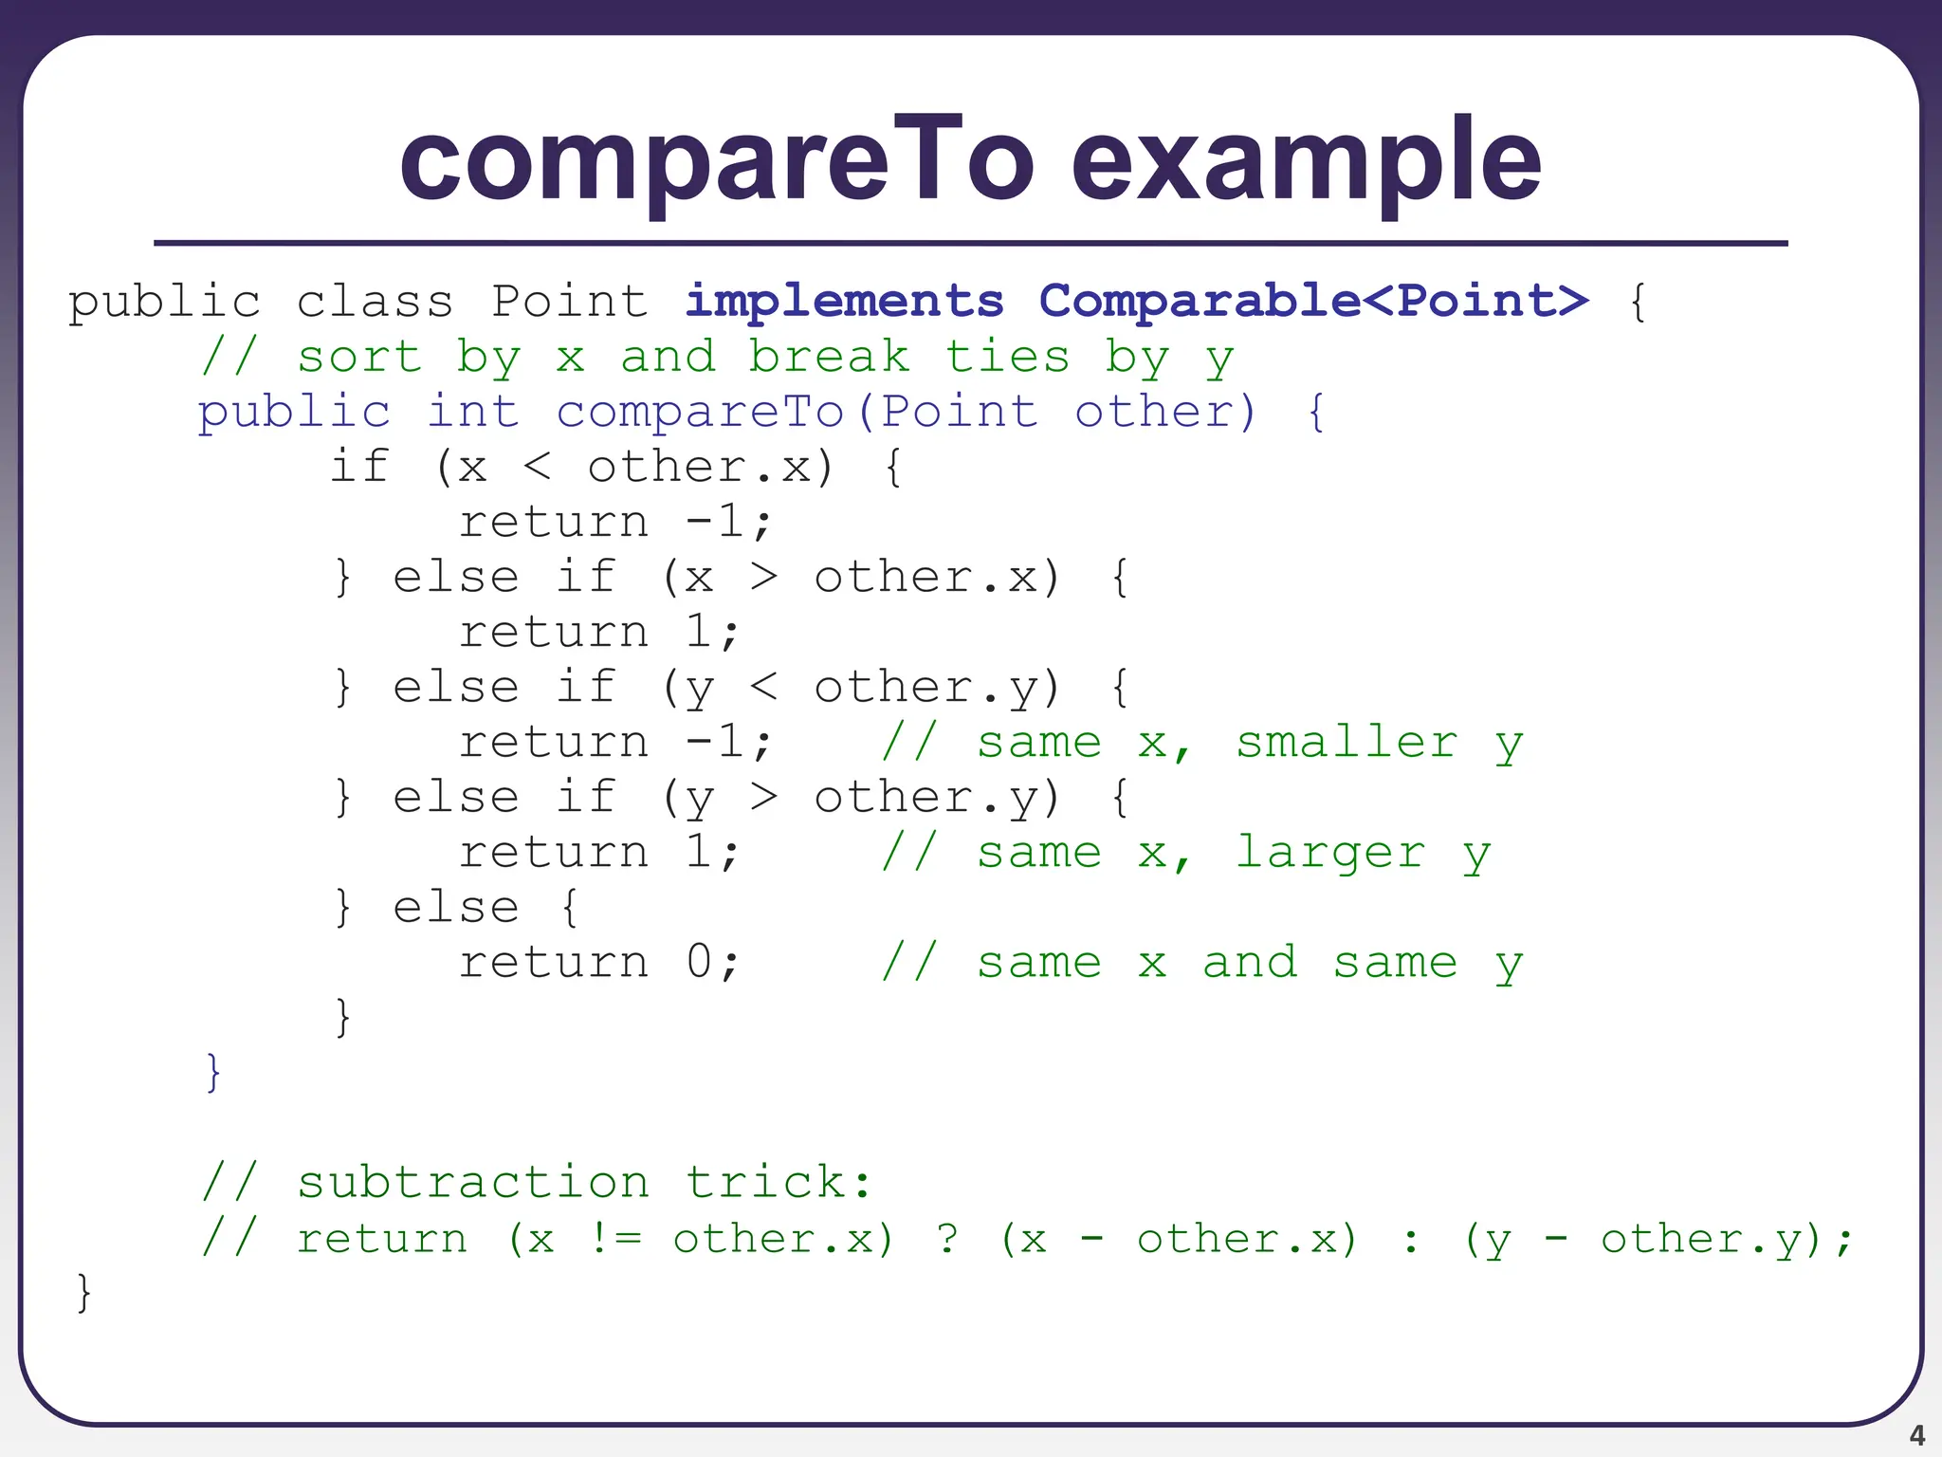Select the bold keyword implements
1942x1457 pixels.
click(844, 302)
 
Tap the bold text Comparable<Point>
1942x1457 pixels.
click(1313, 302)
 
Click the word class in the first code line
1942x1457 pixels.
click(375, 302)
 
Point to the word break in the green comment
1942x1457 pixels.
click(829, 357)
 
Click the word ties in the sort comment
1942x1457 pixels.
click(1007, 357)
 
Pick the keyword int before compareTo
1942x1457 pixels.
click(472, 412)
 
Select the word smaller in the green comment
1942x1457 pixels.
click(1347, 742)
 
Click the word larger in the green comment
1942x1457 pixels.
click(1330, 852)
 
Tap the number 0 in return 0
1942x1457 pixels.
click(700, 962)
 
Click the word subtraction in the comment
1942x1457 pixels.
click(473, 1182)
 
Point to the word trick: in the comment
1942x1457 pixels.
click(778, 1182)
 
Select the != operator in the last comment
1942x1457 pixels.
click(615, 1239)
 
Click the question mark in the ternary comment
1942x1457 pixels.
click(947, 1239)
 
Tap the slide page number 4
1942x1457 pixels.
click(1916, 1435)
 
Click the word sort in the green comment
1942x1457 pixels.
click(359, 357)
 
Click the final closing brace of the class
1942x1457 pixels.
click(83, 1293)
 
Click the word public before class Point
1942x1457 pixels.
click(164, 302)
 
